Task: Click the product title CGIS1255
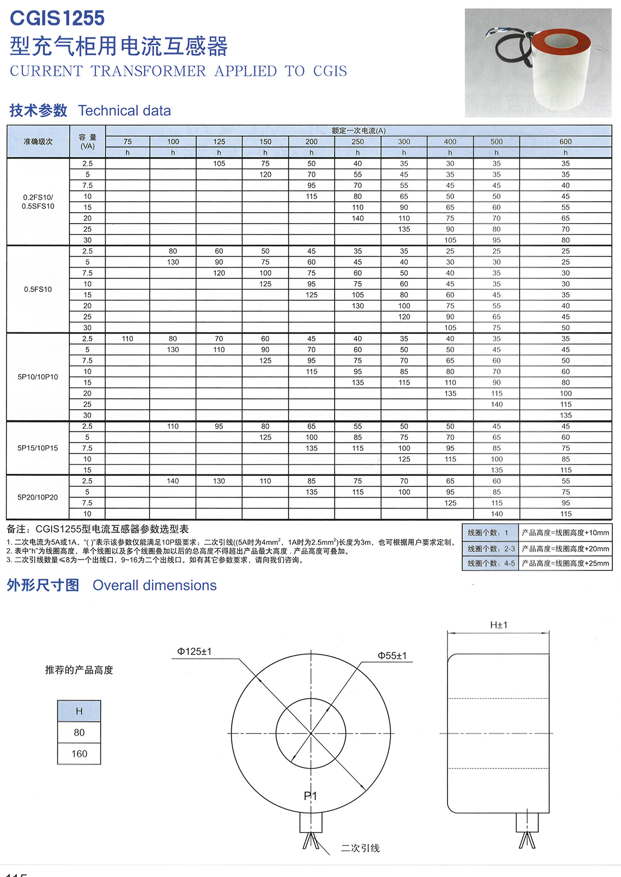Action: (x=57, y=18)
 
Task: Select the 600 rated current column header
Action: (x=565, y=142)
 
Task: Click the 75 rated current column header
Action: (x=127, y=142)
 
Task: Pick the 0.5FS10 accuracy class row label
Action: (x=38, y=289)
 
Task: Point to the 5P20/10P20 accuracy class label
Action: (x=38, y=497)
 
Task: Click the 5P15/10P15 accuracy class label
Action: (x=38, y=448)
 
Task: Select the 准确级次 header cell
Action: (x=38, y=142)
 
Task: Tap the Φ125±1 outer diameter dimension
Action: (x=194, y=651)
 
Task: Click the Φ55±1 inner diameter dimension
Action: (x=392, y=656)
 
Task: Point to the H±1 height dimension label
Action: (x=498, y=625)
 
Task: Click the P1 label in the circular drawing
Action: (x=310, y=796)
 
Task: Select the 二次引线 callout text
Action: (x=360, y=848)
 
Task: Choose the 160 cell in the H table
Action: (x=79, y=754)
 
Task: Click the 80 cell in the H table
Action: (x=79, y=733)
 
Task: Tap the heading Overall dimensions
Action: (x=155, y=586)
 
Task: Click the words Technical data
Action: (x=124, y=111)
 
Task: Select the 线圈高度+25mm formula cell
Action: (x=565, y=563)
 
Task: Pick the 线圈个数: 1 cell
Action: (x=489, y=533)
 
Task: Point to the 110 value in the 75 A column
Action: (x=127, y=339)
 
